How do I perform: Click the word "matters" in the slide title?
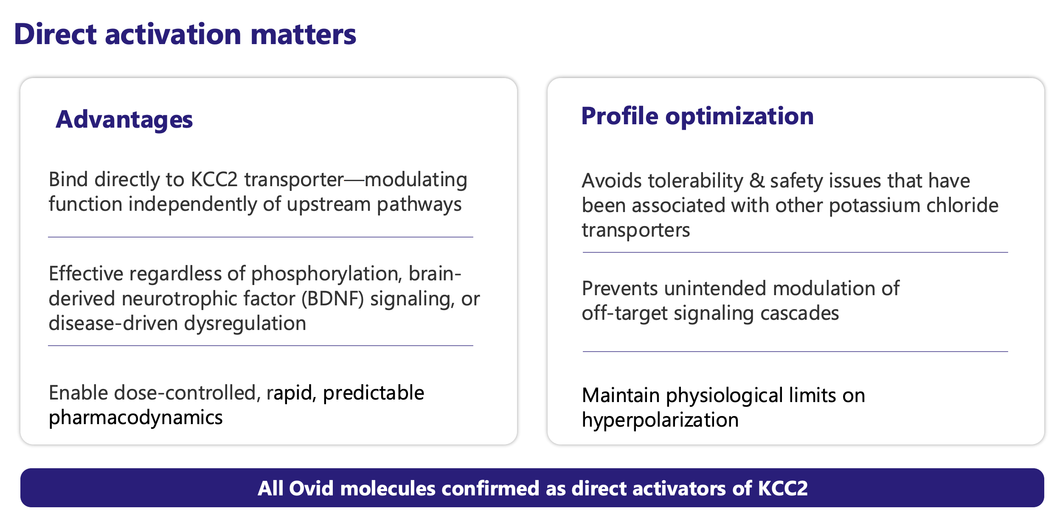(x=303, y=35)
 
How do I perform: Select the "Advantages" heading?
(x=124, y=120)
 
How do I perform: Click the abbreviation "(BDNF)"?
(x=333, y=299)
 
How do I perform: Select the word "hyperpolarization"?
(x=660, y=420)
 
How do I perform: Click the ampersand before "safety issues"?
(x=757, y=181)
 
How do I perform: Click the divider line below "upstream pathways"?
(x=261, y=237)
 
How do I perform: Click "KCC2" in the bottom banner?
(x=783, y=488)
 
